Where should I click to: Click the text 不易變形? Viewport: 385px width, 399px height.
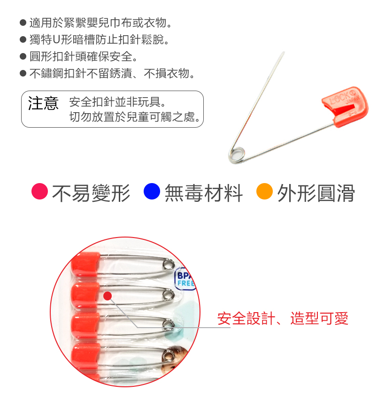point(91,193)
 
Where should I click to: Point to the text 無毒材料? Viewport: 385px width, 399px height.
point(203,193)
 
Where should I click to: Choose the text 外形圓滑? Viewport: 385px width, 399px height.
point(316,193)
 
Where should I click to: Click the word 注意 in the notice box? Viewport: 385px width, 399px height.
point(43,103)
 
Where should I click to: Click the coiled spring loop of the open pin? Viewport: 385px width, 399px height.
point(236,155)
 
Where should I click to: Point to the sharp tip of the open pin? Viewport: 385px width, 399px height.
point(284,53)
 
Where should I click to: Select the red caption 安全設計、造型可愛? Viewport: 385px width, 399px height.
point(283,319)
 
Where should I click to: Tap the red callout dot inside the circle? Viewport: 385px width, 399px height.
point(108,296)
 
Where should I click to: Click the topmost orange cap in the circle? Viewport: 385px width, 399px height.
point(85,264)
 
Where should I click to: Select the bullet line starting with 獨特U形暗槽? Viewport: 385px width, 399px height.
point(99,40)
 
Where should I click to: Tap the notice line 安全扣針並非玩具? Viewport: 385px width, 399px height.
point(117,102)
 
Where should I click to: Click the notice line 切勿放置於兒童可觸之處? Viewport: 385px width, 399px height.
point(136,117)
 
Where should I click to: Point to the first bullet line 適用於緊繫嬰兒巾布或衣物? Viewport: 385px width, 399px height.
point(100,23)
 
